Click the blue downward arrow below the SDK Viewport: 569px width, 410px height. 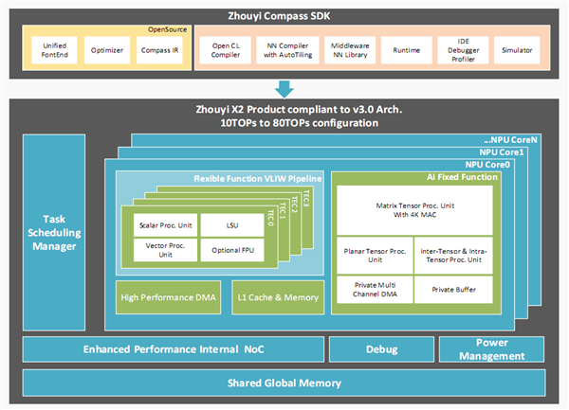(x=284, y=88)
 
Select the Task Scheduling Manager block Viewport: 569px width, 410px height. (x=58, y=229)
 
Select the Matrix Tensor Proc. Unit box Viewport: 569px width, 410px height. (x=413, y=208)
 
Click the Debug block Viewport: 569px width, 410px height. (x=380, y=349)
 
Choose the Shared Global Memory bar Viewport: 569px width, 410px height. (x=284, y=383)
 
